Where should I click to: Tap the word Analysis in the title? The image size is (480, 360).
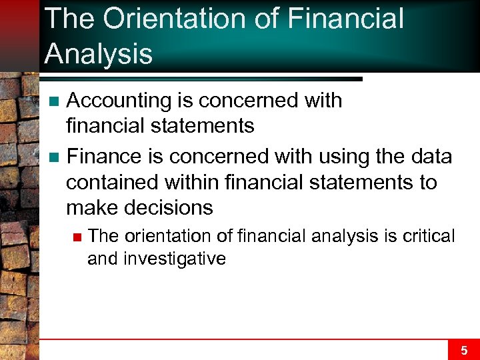click(x=98, y=54)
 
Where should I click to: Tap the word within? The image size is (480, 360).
click(x=193, y=182)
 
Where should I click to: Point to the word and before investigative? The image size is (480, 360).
click(x=102, y=259)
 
